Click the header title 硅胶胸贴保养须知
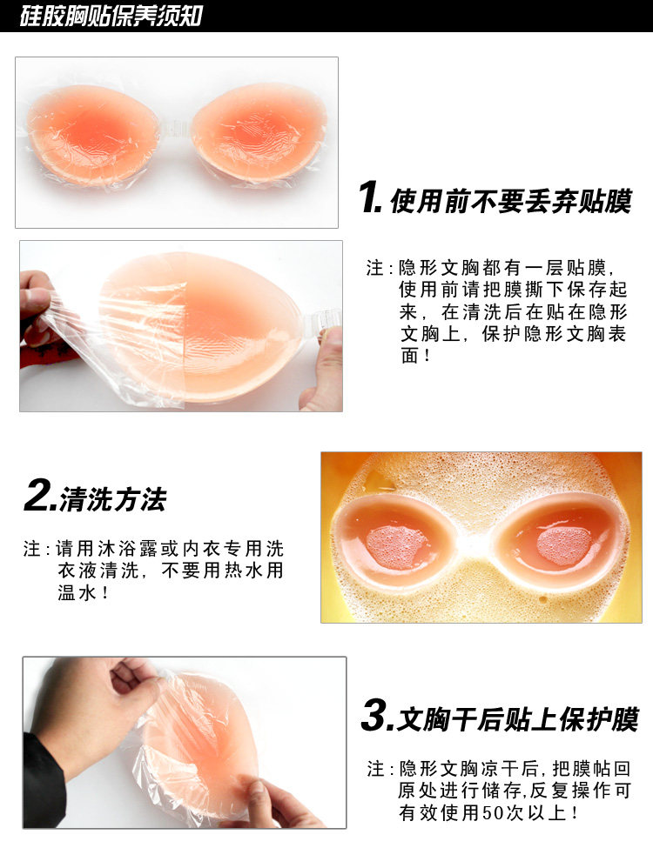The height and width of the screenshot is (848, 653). coord(111,16)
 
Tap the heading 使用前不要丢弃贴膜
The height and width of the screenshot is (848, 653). coord(510,201)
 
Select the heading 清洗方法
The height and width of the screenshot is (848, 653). coord(112,499)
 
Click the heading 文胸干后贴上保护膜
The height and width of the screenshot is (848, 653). coord(517,719)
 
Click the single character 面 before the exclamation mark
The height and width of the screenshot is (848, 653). coord(410,356)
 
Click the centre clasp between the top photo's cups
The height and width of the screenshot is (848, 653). coord(175,134)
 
